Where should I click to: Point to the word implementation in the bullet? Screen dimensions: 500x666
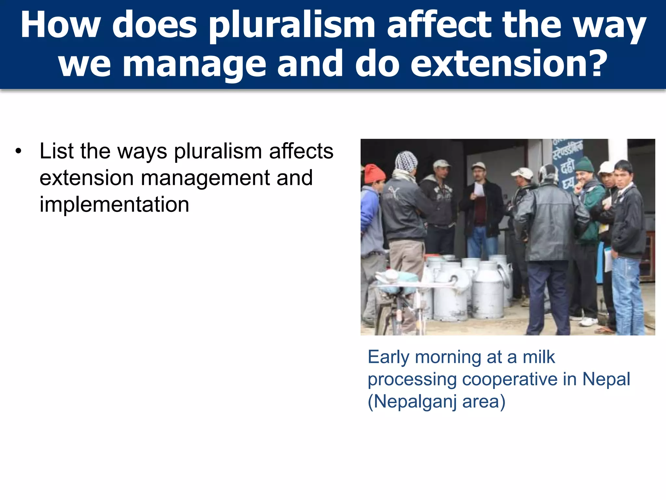[x=114, y=205]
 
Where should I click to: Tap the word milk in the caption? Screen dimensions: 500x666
[x=539, y=357]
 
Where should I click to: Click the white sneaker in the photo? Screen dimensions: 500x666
[x=589, y=322]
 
